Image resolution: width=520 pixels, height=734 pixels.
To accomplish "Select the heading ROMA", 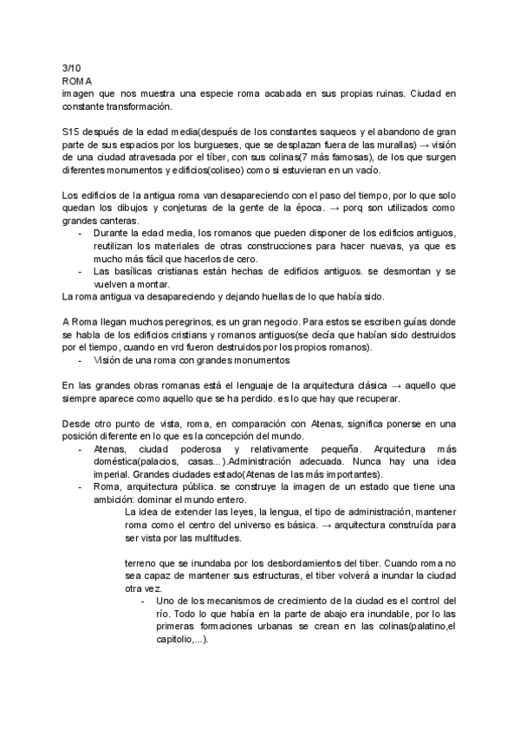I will [76, 80].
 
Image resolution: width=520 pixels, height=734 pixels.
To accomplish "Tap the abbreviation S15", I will [73, 131].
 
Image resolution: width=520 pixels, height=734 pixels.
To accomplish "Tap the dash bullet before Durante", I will [81, 234].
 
